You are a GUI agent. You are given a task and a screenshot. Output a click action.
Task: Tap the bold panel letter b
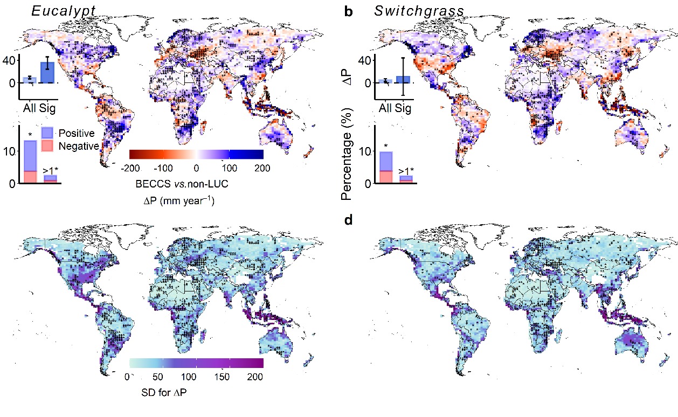349,11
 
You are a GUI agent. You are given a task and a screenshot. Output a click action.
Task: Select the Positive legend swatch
47,133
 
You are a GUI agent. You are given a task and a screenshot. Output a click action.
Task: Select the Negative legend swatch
47,145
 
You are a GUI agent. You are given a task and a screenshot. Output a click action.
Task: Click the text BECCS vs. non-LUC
196,184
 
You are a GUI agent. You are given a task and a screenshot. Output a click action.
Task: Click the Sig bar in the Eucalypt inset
47,72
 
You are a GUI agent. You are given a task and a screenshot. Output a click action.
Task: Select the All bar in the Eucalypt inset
30,80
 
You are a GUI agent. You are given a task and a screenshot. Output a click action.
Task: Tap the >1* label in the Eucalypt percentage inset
51,171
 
